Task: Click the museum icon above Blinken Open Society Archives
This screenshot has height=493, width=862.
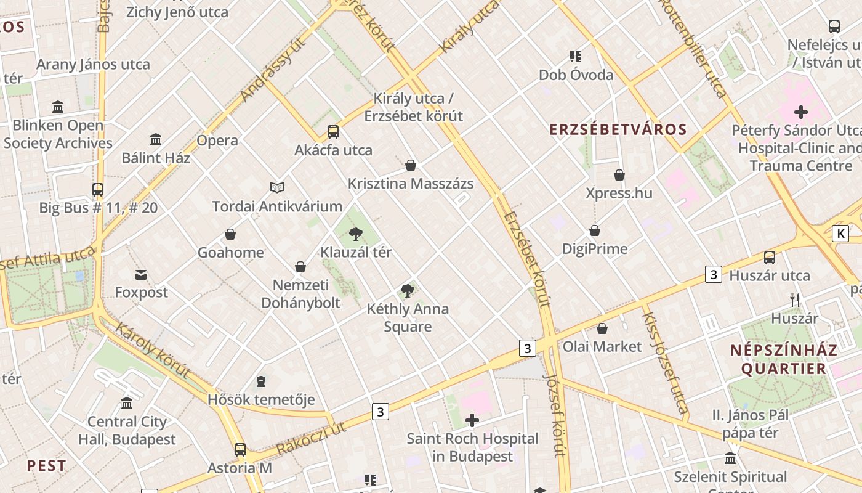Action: (x=58, y=107)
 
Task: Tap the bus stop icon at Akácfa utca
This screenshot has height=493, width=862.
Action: (x=333, y=131)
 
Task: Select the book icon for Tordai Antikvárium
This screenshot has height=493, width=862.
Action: (x=277, y=187)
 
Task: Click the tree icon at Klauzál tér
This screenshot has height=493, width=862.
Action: (x=356, y=234)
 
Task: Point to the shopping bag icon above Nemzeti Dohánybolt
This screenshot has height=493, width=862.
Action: (x=300, y=266)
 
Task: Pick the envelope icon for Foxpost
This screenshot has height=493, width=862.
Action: (x=141, y=274)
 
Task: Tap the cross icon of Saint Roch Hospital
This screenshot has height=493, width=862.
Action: (x=472, y=420)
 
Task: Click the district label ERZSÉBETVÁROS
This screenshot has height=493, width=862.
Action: (x=618, y=129)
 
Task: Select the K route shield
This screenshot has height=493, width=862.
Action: (x=840, y=234)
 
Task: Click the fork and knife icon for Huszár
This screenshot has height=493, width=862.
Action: (x=795, y=300)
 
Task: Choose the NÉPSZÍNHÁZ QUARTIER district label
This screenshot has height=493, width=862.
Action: (x=783, y=359)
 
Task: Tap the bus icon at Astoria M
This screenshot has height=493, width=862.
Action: (x=240, y=449)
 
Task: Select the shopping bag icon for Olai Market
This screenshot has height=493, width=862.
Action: (x=602, y=328)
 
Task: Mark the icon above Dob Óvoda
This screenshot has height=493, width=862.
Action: (x=576, y=57)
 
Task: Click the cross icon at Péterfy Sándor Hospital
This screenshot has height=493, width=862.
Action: (x=800, y=112)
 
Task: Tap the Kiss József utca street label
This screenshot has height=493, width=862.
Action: (x=664, y=362)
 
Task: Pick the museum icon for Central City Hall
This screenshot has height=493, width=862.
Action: (x=127, y=403)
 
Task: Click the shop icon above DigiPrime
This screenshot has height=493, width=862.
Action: (x=595, y=230)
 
